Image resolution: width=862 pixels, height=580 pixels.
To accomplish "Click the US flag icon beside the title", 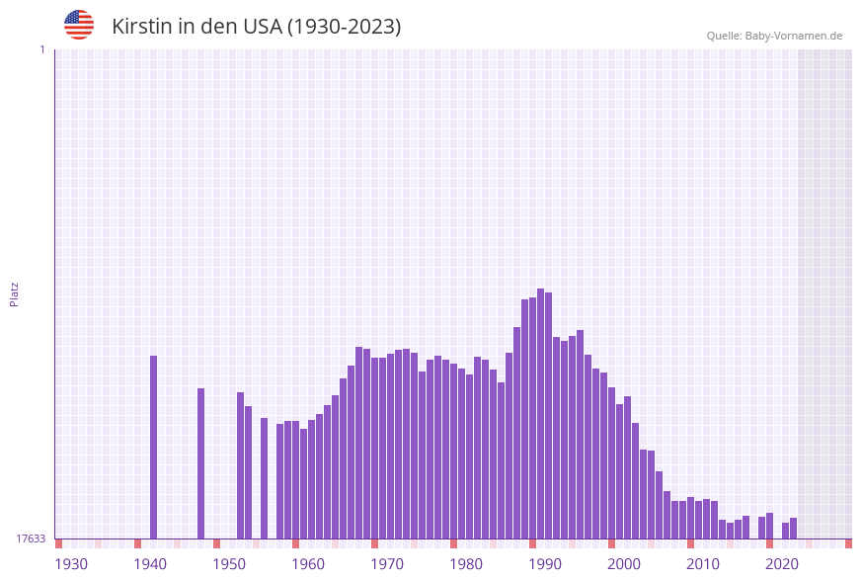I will (x=79, y=25).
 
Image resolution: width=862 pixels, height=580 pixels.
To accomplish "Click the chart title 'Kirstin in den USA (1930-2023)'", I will (x=256, y=27).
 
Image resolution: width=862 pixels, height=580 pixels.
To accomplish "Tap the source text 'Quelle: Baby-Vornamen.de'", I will (x=774, y=36).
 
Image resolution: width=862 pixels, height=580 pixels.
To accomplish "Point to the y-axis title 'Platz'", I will (x=15, y=293).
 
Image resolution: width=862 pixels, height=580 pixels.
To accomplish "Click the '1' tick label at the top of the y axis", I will (x=41, y=49).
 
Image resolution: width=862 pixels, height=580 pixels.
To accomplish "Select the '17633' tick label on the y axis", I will (x=31, y=539).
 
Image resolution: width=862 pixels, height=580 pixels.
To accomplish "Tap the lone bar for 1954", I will (x=265, y=478).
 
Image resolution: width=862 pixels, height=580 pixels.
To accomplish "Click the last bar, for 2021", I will (x=794, y=528).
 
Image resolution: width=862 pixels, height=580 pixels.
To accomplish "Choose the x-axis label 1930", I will (x=71, y=564).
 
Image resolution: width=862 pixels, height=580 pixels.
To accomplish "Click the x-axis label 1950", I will (x=229, y=564).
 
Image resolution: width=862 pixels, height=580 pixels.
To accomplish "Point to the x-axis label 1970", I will (x=387, y=564).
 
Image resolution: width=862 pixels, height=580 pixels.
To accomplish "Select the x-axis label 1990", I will (x=545, y=564).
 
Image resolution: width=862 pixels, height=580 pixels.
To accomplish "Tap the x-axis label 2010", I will (x=703, y=564).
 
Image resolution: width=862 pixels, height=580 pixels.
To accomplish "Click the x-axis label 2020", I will (x=782, y=564).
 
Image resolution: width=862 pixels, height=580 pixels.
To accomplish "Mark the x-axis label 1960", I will (x=308, y=564).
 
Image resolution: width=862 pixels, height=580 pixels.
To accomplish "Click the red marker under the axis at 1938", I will (x=138, y=543).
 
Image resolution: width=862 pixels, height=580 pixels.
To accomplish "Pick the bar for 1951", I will (x=241, y=465).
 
